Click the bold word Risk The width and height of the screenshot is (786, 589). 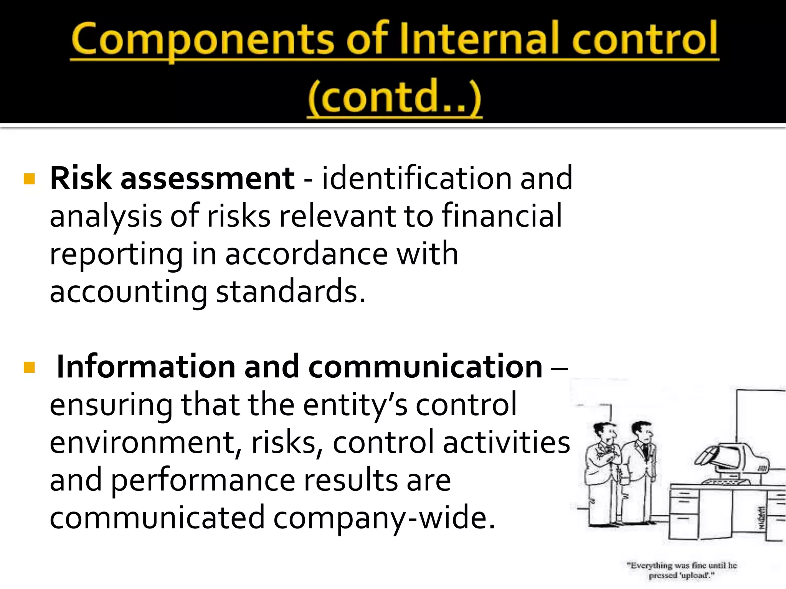click(81, 178)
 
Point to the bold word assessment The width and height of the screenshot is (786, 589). click(207, 179)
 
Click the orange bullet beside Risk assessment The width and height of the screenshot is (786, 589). click(29, 179)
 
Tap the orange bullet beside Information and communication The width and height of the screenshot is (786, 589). click(29, 367)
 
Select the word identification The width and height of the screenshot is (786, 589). click(416, 178)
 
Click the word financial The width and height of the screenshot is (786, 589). click(502, 216)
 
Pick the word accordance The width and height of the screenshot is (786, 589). click(306, 254)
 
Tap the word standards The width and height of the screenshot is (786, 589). click(290, 291)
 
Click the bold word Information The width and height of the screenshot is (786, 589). click(145, 367)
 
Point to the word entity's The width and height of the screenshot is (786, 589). click(355, 405)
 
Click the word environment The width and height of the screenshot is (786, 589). click(142, 442)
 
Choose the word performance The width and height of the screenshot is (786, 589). click(203, 480)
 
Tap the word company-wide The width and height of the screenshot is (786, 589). click(384, 518)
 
